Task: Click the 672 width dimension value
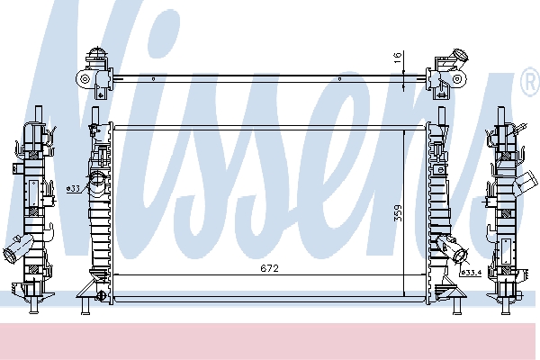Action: tap(270, 268)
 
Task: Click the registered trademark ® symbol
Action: tap(529, 85)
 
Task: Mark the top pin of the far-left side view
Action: tap(39, 112)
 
